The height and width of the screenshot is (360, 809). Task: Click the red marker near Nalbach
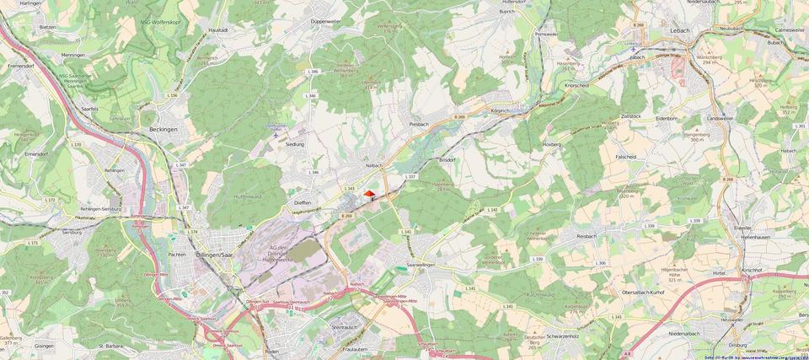(x=368, y=194)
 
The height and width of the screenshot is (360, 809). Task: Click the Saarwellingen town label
(x=424, y=265)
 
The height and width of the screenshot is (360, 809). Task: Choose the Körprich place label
(x=502, y=110)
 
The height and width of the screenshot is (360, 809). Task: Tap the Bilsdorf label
(x=447, y=159)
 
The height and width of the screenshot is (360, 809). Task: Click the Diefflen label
(x=303, y=203)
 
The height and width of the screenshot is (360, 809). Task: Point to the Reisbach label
(x=587, y=236)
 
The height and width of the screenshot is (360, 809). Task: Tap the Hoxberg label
(x=551, y=144)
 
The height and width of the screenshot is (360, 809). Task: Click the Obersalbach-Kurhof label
(x=643, y=291)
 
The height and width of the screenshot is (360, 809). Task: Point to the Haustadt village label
(x=218, y=30)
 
